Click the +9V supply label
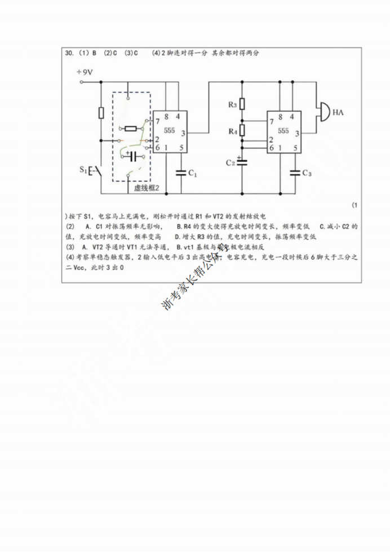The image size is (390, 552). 85,73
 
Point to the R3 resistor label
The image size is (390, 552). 232,105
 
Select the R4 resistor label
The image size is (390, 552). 232,131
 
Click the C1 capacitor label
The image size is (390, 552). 192,173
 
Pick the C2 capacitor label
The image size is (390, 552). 230,162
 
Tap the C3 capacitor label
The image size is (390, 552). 307,173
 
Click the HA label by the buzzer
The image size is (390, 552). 339,113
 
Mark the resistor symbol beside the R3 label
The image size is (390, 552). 242,104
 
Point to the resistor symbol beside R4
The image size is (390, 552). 242,130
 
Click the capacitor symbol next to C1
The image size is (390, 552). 181,173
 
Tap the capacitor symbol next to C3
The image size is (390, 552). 294,173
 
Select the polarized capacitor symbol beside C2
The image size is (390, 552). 242,162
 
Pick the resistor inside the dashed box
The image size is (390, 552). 131,129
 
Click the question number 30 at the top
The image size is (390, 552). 69,53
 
